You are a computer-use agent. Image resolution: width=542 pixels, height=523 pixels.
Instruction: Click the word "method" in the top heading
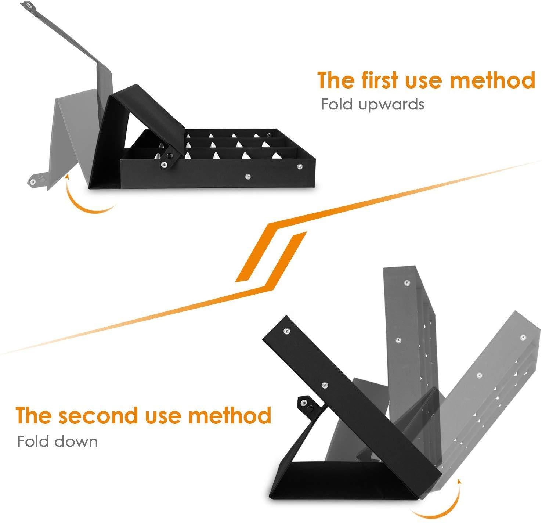click(492, 80)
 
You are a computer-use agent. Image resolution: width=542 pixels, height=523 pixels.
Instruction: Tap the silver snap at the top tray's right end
click(299, 167)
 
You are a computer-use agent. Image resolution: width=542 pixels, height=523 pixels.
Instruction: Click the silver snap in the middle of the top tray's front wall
click(247, 176)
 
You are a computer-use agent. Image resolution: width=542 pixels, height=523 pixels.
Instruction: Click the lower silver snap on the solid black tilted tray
click(325, 385)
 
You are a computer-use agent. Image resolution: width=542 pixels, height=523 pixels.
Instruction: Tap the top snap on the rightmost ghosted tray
click(523, 338)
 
